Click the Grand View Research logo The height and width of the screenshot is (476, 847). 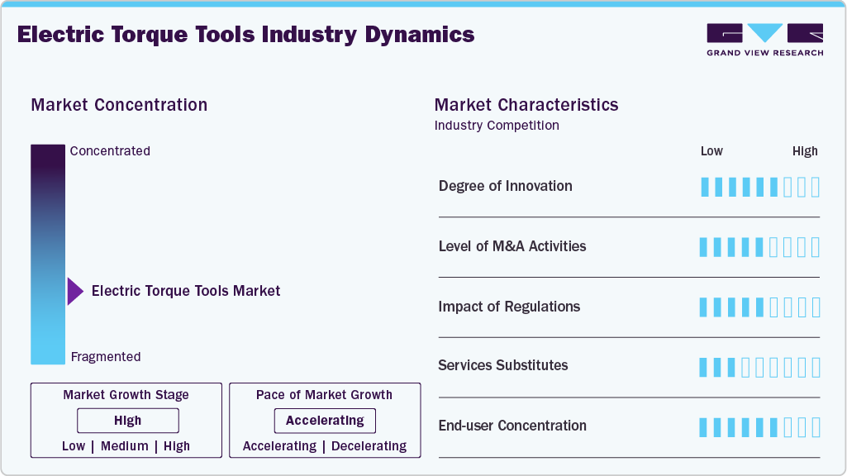(764, 40)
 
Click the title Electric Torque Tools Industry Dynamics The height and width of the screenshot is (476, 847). (245, 35)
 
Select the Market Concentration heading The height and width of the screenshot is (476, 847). (119, 105)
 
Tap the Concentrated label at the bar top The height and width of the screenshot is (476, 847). (110, 151)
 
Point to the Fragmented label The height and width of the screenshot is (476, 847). (106, 357)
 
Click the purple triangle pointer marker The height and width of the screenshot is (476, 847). (75, 291)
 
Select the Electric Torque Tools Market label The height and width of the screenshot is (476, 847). (186, 291)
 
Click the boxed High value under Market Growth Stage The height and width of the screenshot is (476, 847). (128, 421)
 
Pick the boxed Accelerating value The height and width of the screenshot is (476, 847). (325, 421)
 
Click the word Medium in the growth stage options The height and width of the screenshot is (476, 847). (125, 446)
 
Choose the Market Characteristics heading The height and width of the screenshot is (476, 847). (526, 105)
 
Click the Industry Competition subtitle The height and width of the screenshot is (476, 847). (497, 126)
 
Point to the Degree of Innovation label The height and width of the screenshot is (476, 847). (506, 186)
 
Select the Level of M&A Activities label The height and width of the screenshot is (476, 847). (512, 246)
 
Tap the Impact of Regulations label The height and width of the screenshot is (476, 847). (509, 307)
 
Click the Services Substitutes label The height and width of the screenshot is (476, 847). (503, 365)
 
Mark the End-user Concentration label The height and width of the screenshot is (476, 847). (512, 426)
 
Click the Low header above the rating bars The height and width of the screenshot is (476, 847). (711, 151)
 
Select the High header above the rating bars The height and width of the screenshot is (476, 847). (805, 151)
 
